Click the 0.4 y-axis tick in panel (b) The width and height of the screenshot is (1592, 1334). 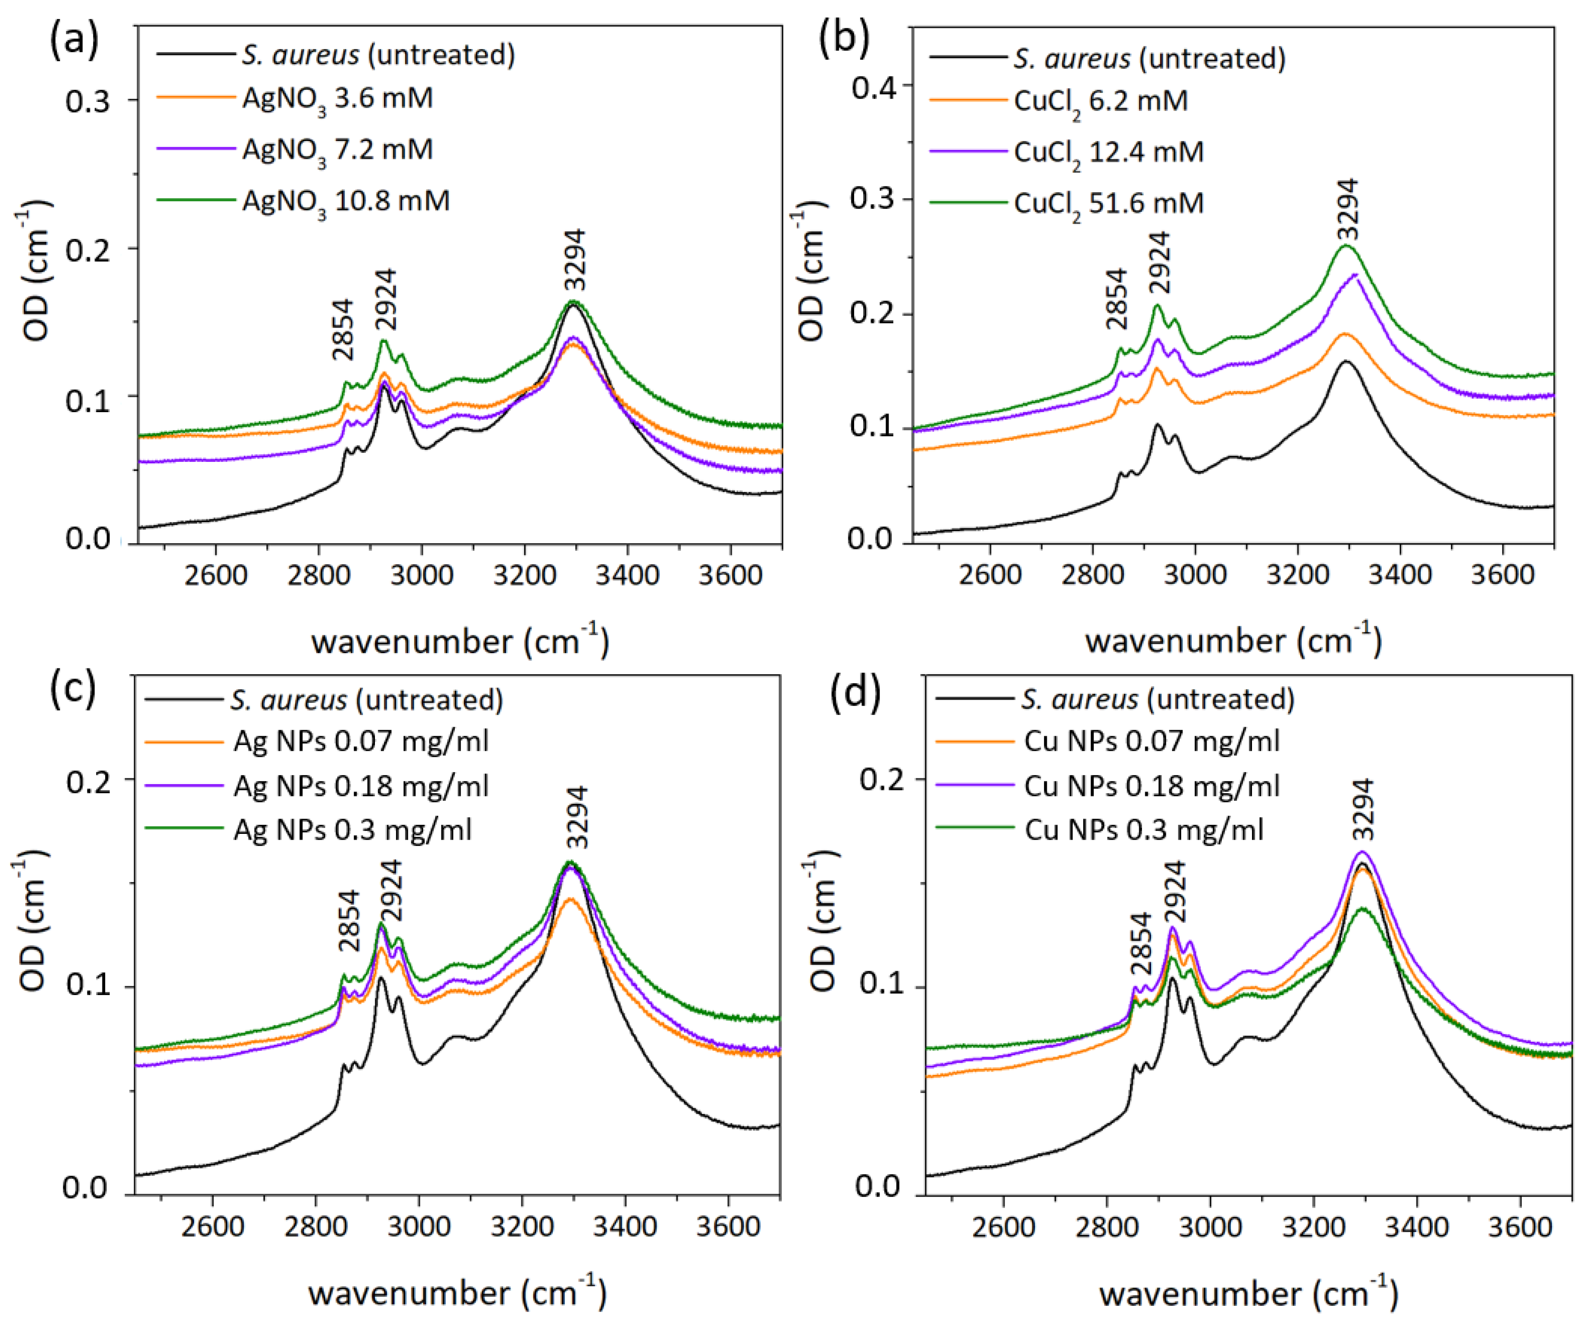click(872, 87)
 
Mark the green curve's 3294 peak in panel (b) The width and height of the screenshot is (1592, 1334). click(1347, 246)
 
